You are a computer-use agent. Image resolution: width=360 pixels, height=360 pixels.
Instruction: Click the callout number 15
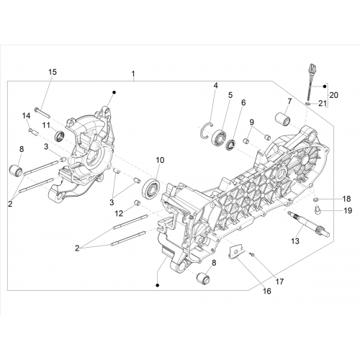(53, 72)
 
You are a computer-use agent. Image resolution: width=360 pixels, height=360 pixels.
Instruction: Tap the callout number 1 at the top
(133, 73)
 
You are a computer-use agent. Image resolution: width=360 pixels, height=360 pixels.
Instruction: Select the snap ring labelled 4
(207, 130)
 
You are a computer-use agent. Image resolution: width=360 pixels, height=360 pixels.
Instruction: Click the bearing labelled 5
(219, 138)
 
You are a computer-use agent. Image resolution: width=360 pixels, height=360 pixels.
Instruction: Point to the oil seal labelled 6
(232, 145)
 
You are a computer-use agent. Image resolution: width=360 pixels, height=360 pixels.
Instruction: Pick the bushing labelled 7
(283, 119)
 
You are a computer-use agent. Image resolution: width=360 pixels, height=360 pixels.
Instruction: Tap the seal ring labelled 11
(60, 135)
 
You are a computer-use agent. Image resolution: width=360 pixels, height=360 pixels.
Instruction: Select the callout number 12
(119, 213)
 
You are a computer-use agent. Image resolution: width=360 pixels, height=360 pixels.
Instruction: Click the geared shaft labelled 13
(308, 223)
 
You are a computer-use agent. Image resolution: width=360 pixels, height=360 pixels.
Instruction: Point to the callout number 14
(27, 116)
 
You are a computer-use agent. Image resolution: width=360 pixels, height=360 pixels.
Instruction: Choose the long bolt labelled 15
(42, 113)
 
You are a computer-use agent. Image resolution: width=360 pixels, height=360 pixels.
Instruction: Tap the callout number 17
(279, 282)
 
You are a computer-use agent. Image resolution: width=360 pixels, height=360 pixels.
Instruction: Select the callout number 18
(346, 199)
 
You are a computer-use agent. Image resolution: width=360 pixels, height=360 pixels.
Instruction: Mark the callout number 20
(333, 95)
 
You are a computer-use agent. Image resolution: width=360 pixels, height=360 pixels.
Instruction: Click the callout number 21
(323, 104)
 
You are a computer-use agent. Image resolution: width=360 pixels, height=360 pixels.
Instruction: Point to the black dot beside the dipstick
(325, 86)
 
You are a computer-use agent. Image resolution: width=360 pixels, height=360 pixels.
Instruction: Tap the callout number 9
(251, 122)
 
